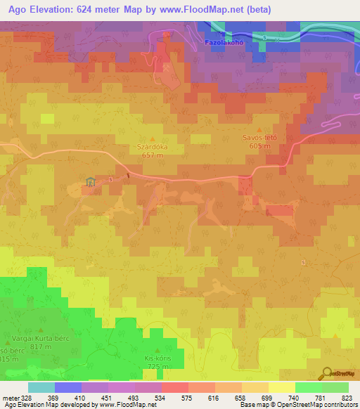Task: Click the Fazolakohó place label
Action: click(x=224, y=42)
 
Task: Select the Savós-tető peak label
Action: click(x=259, y=138)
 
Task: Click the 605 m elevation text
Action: click(x=259, y=146)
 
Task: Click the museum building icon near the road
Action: click(x=90, y=182)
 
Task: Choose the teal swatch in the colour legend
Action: click(x=41, y=387)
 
